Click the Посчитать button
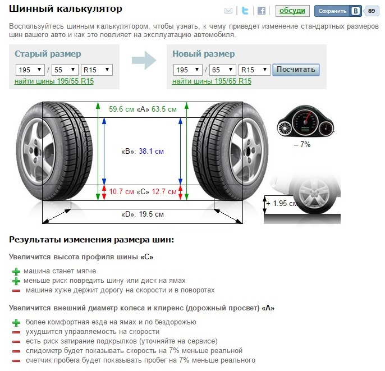(x=296, y=70)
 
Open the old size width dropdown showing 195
(x=30, y=70)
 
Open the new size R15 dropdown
(x=254, y=70)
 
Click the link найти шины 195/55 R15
(x=54, y=81)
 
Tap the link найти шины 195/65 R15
(x=212, y=81)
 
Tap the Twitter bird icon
(x=245, y=11)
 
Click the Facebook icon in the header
(x=262, y=11)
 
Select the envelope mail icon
(x=228, y=11)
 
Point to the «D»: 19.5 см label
(x=143, y=214)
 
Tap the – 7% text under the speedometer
(x=302, y=144)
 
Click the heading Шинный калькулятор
(x=66, y=10)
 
